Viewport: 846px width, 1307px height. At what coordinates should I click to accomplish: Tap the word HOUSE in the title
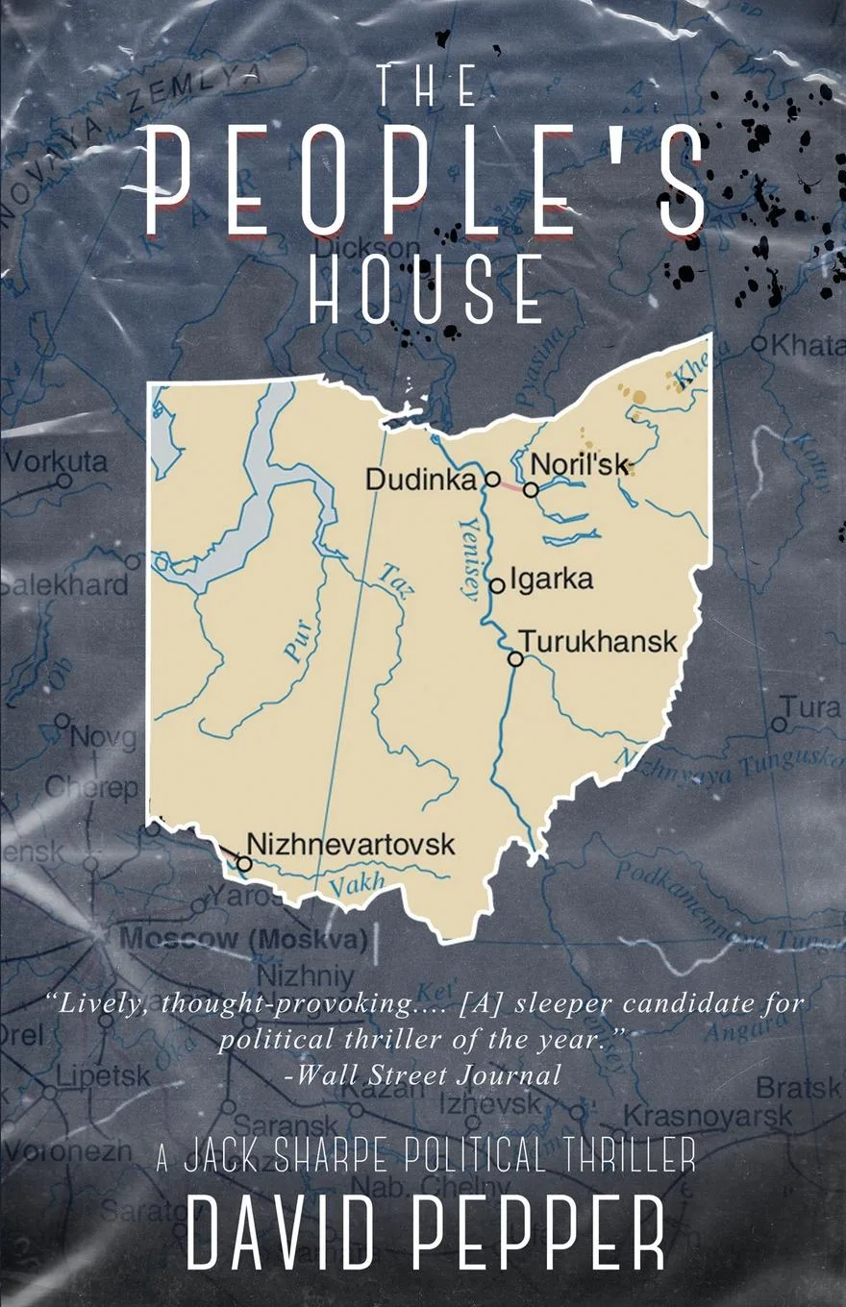coord(427,289)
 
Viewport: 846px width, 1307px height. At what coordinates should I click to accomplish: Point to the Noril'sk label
coord(580,465)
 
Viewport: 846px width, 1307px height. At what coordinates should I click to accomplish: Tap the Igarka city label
coord(551,580)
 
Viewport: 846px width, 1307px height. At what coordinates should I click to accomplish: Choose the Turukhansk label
coord(598,642)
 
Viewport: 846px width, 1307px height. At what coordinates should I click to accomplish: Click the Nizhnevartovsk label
coord(351,845)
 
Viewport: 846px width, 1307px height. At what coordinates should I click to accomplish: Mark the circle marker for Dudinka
coord(491,479)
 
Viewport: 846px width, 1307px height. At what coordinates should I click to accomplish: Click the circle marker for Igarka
coord(497,585)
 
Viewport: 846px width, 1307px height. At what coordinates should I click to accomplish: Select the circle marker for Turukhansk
coord(515,658)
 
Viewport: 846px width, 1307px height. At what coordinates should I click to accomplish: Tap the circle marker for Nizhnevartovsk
coord(244,864)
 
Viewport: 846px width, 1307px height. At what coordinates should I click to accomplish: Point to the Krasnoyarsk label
coord(709,1116)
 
